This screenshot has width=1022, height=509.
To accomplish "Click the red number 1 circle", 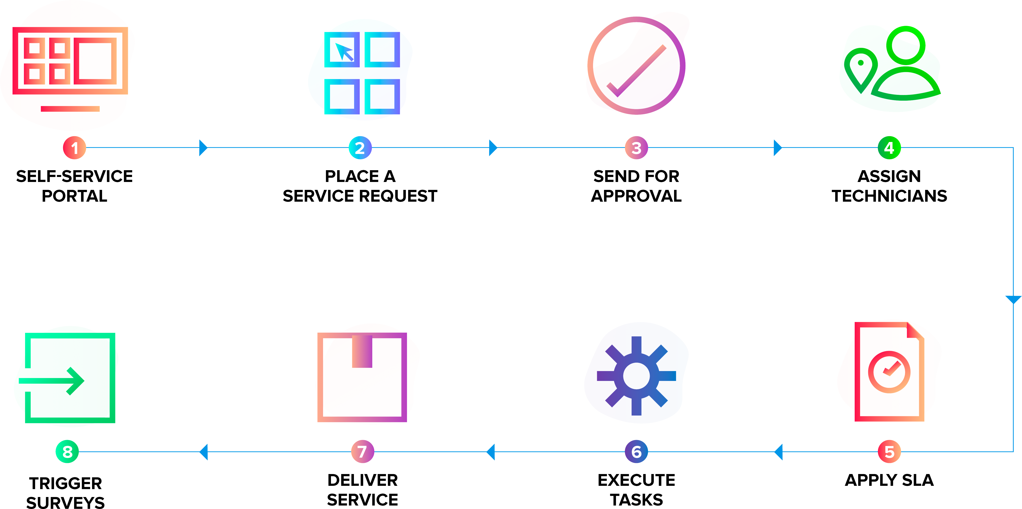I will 74,148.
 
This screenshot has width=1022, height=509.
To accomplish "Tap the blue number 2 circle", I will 360,148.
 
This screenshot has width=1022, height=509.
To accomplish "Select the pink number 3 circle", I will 636,148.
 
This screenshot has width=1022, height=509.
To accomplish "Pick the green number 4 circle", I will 889,148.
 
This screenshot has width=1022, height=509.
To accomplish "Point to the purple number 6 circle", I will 636,451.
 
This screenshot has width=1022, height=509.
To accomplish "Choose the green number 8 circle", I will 68,451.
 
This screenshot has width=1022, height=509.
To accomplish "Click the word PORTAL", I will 75,196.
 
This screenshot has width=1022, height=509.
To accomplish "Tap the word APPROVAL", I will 636,196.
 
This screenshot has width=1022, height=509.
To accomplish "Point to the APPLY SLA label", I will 889,480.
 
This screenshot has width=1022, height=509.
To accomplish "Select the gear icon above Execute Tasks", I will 636,376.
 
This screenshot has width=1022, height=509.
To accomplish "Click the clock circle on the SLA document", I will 889,372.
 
